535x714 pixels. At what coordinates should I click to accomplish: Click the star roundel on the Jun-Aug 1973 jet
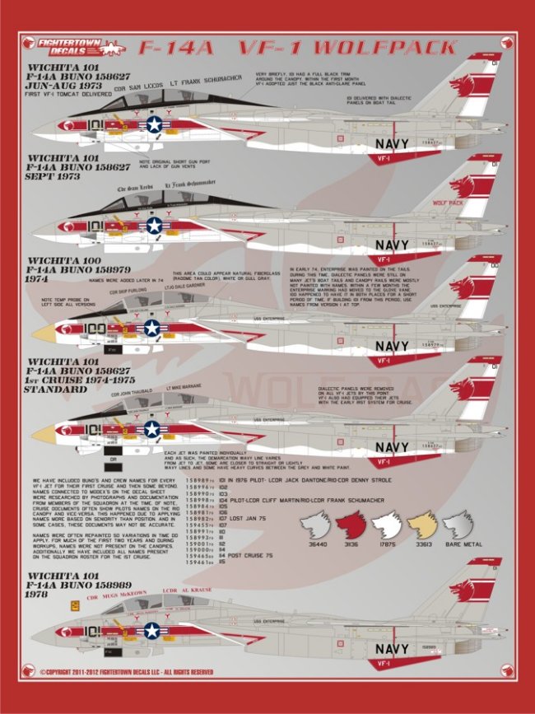[x=154, y=124]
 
